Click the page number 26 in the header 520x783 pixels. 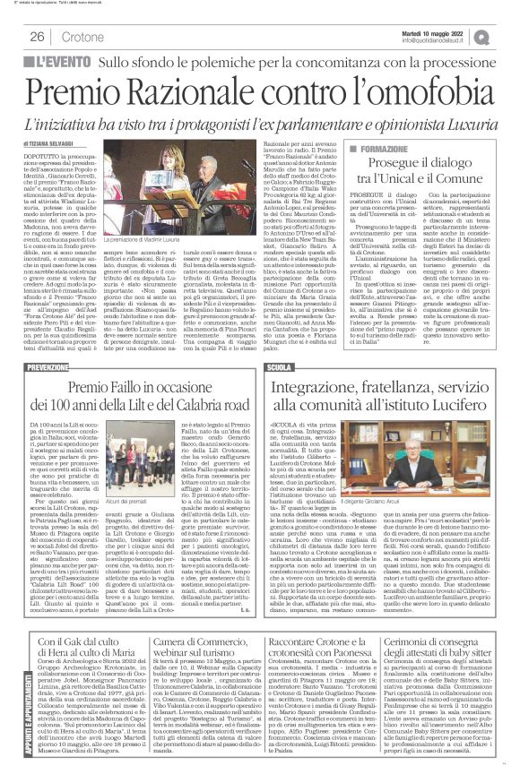[x=38, y=36]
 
